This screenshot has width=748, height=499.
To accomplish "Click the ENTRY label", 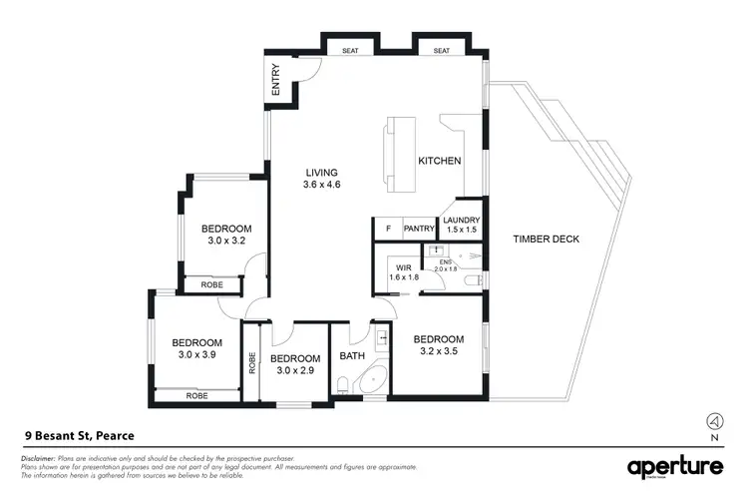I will point(276,81).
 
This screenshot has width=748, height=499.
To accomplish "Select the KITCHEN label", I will point(439,161).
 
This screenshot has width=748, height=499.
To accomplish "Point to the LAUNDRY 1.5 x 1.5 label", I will point(462,225).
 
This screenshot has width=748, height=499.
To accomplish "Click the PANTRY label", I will point(420,229).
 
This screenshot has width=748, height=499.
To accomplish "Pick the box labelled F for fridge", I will point(388,229).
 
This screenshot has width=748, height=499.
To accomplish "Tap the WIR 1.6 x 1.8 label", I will point(404,270).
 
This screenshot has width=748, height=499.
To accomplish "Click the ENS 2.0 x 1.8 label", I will point(446,265).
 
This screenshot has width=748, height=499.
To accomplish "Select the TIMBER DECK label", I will point(546,239).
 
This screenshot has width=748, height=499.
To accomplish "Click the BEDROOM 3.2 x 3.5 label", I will point(439,344).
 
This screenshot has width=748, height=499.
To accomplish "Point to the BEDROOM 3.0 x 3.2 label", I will point(225,234).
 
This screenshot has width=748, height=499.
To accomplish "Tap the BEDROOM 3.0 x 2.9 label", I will point(295,364).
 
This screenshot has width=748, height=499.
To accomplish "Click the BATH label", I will point(353,355).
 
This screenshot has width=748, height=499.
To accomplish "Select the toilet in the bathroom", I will point(344,384).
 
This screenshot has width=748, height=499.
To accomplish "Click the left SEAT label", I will point(350,50).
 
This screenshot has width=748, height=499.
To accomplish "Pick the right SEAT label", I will point(440,50).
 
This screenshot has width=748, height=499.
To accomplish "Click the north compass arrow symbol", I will point(714,420).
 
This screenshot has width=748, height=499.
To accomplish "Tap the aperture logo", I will point(674,467).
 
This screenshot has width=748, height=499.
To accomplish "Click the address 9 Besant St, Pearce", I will point(79,435).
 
